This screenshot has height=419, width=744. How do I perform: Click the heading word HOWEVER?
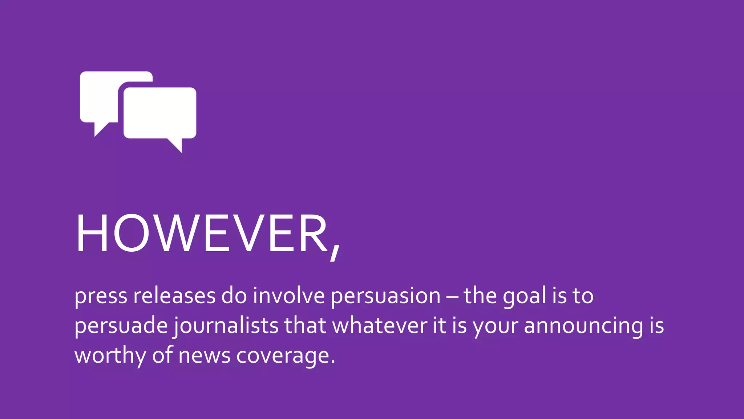tap(202, 233)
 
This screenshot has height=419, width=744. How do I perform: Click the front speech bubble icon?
tap(160, 113)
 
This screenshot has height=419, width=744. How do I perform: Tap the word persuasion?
tap(385, 296)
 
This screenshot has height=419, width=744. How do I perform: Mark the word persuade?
tap(121, 326)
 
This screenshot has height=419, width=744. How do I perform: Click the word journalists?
tap(226, 326)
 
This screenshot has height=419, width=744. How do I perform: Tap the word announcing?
tap(583, 326)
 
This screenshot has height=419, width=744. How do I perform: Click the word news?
tap(204, 356)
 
